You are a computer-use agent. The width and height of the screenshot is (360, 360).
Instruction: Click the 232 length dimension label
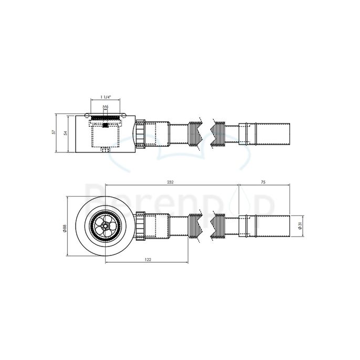[x=171, y=181]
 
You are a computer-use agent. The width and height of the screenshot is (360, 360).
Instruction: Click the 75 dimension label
[x=263, y=181]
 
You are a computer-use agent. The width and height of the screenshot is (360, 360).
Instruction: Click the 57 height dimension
[x=54, y=132]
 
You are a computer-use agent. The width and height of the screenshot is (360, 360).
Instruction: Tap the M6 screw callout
[x=106, y=107]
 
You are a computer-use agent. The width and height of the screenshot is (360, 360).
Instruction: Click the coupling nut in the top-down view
[x=140, y=225]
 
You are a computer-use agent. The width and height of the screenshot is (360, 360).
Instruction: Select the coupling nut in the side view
[x=140, y=133]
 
